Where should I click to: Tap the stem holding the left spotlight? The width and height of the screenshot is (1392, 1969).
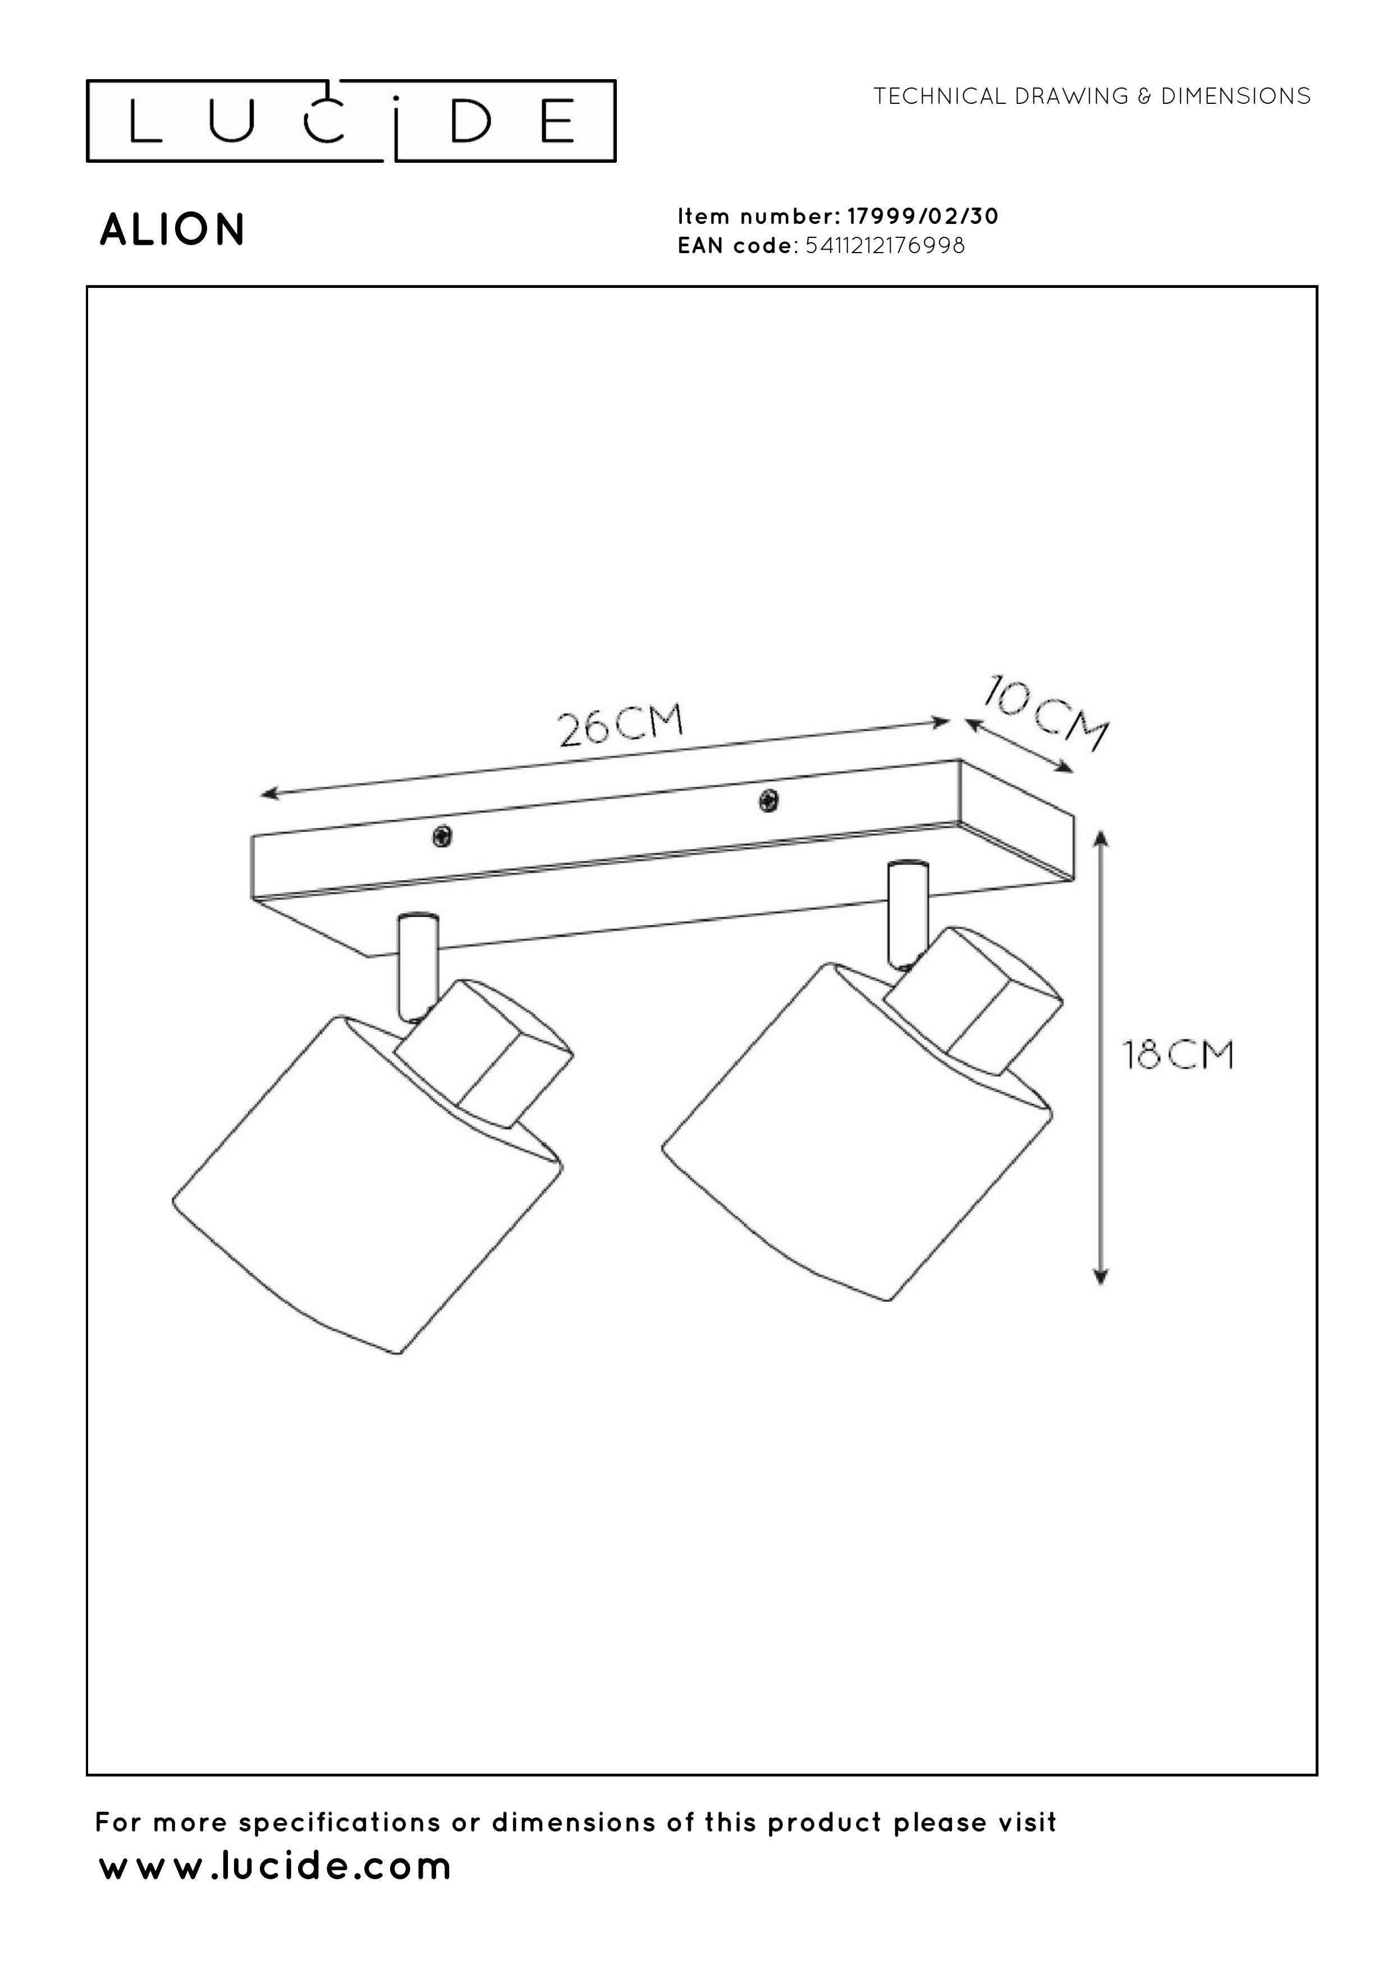pyautogui.click(x=418, y=967)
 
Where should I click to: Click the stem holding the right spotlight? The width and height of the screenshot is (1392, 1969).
pyautogui.click(x=908, y=914)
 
